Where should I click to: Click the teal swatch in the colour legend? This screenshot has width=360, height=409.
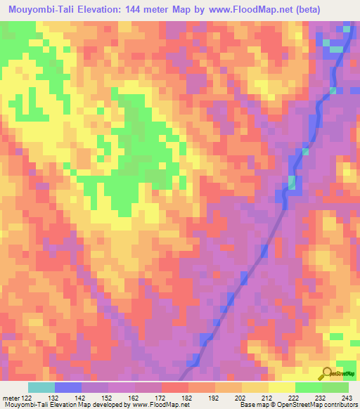[41, 387]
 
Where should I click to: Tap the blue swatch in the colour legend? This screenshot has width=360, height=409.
[68, 387]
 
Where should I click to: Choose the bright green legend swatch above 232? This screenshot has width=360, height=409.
[308, 387]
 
